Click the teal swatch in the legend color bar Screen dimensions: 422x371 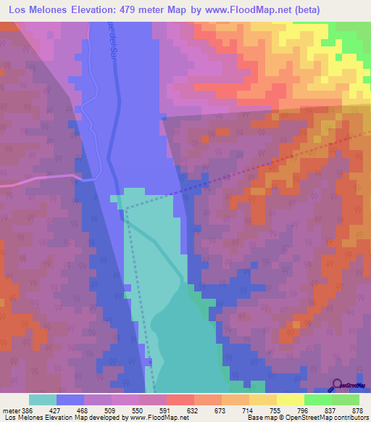(42, 400)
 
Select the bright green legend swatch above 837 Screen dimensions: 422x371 (317, 400)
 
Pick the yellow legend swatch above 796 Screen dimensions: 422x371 (290, 400)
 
